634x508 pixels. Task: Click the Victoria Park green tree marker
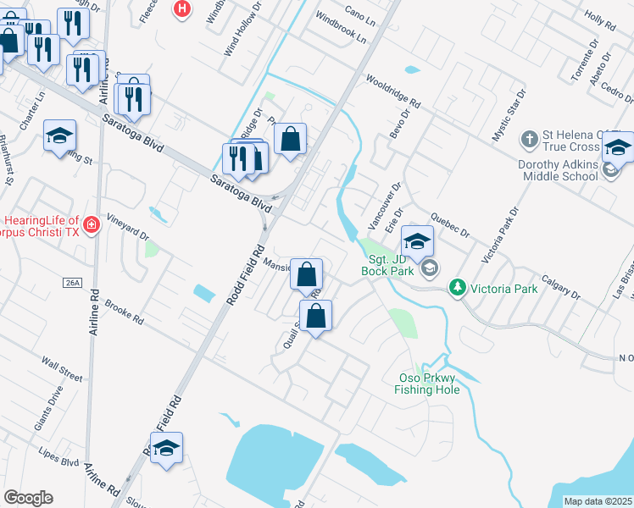(458, 288)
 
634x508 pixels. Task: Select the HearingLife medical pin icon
(91, 225)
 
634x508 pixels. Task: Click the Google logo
(28, 497)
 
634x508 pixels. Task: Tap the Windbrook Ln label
(340, 28)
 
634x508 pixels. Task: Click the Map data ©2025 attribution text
(598, 501)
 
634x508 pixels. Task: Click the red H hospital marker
(181, 8)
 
